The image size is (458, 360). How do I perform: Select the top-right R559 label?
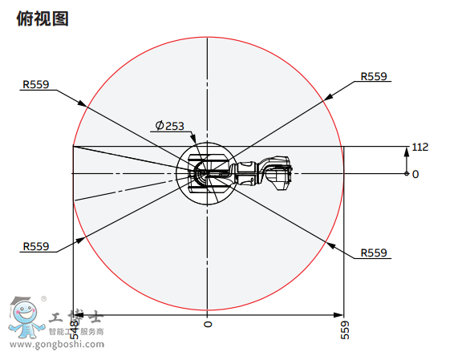(374, 76)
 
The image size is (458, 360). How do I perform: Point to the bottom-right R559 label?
(374, 253)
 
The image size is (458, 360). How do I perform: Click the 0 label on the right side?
(415, 173)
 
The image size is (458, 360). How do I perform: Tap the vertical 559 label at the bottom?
(345, 330)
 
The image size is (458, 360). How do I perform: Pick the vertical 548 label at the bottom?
(74, 330)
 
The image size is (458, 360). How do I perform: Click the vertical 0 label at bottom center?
(208, 324)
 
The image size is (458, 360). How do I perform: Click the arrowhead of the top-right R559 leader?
(329, 98)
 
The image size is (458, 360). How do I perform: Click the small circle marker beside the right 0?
(407, 173)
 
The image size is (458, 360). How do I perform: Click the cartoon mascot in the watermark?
(26, 318)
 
